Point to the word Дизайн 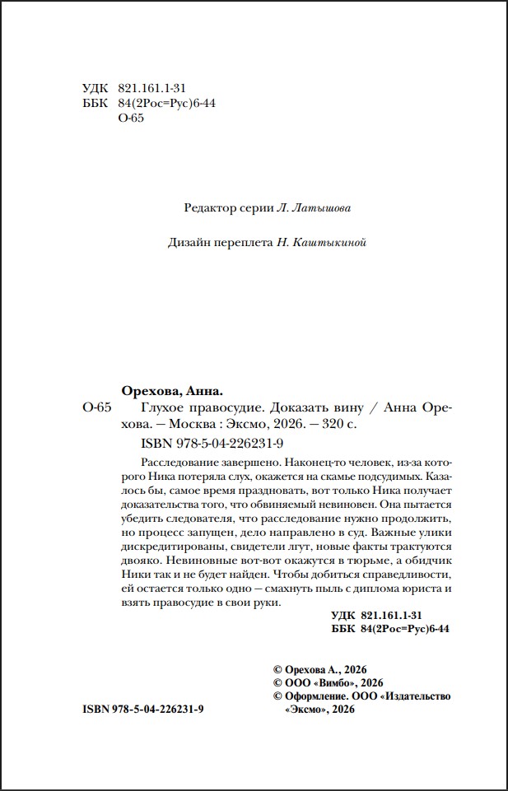point(187,243)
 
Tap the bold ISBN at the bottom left point(143,710)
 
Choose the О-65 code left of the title point(96,409)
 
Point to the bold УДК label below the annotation point(342,616)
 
